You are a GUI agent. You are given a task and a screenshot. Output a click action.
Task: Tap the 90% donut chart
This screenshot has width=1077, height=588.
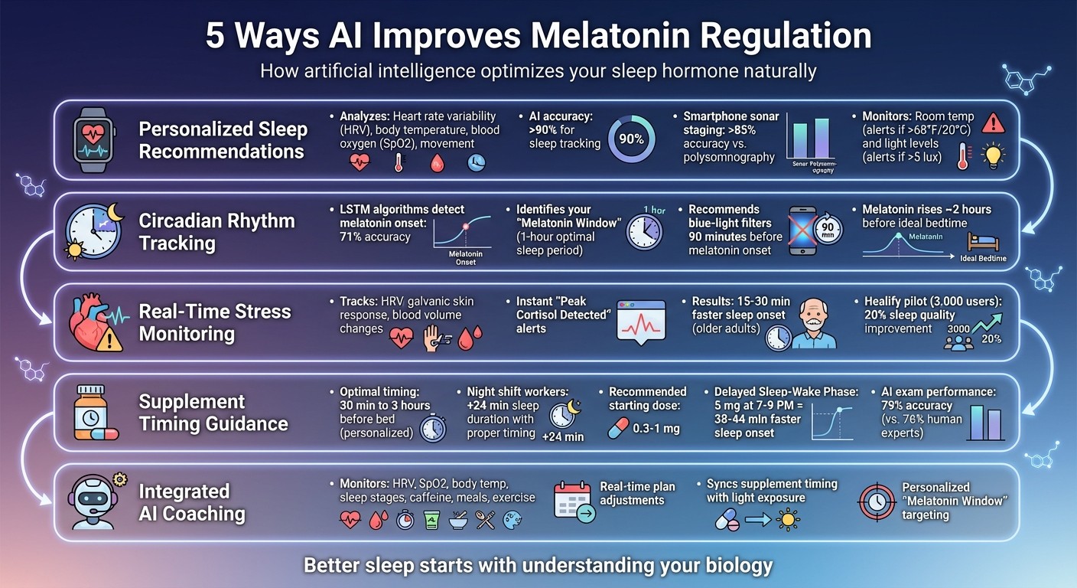point(631,139)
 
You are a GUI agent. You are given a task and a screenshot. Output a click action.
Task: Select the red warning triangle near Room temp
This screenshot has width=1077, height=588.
point(993,122)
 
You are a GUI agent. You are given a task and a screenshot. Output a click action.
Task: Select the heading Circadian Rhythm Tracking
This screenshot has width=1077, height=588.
point(216,232)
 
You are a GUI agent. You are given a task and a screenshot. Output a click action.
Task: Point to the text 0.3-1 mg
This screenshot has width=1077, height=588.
point(656,429)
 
